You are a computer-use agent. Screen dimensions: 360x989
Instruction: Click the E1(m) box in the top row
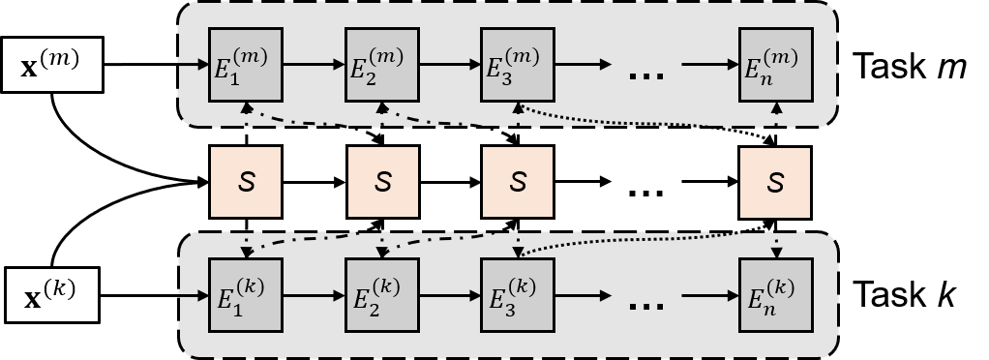click(x=247, y=64)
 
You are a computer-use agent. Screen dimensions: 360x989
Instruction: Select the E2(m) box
click(x=382, y=64)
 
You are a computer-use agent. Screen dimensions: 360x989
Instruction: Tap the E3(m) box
click(x=518, y=64)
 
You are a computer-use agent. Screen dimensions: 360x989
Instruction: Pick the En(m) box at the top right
click(x=775, y=64)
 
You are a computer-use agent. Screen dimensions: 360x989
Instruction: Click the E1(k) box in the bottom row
click(x=247, y=294)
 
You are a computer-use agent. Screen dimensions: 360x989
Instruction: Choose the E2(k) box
click(x=382, y=294)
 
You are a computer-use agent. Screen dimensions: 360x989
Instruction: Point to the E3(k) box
click(x=518, y=294)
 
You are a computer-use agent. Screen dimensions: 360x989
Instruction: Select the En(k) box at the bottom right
click(x=775, y=294)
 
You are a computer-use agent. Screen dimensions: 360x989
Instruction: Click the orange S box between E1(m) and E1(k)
click(x=246, y=182)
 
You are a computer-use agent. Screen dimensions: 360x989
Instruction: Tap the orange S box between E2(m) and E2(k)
click(x=383, y=182)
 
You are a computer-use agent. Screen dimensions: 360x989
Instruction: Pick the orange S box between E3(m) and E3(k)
click(x=518, y=182)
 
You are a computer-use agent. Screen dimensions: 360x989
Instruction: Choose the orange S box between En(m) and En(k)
click(x=775, y=182)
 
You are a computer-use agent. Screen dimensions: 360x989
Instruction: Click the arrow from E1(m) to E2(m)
click(x=315, y=65)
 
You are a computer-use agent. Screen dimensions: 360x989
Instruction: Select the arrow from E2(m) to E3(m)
click(x=450, y=65)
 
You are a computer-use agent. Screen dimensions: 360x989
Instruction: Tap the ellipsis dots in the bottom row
click(x=646, y=306)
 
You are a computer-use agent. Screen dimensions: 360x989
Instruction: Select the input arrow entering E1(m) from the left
click(x=194, y=65)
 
